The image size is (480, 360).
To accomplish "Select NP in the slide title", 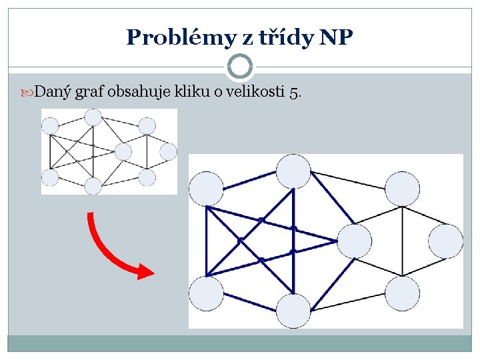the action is [x=336, y=37].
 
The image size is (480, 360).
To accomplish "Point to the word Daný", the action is [x=53, y=91].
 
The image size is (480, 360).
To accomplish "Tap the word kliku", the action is [x=192, y=91].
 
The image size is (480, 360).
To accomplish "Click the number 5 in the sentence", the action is [x=294, y=92].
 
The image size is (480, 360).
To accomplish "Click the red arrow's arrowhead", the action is [x=142, y=270].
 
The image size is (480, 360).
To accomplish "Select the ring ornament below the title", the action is [x=240, y=66].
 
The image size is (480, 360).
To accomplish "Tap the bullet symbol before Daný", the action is [x=29, y=91].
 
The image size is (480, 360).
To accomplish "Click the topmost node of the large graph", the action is [x=293, y=171].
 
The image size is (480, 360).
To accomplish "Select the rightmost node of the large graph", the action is [x=445, y=241].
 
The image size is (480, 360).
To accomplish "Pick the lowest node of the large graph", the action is [x=293, y=311].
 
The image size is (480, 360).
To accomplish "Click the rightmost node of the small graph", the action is [x=169, y=152].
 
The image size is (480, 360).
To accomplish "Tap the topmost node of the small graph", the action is [x=93, y=117].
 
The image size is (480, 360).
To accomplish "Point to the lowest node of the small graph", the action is [x=93, y=185].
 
